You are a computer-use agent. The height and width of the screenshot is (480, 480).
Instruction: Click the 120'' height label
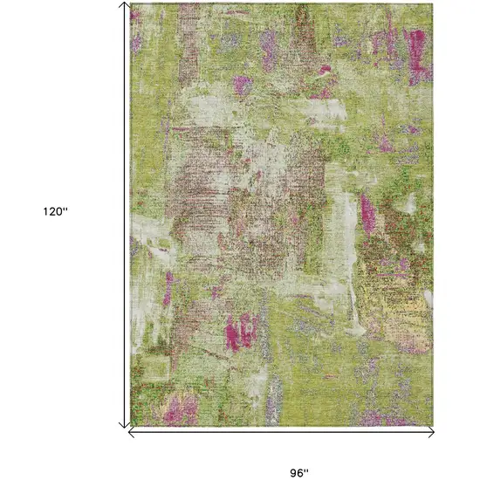pyautogui.click(x=54, y=211)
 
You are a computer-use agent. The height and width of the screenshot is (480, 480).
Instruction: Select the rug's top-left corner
pyautogui.click(x=131, y=3)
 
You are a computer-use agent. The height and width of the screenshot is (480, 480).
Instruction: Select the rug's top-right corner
pyautogui.click(x=434, y=3)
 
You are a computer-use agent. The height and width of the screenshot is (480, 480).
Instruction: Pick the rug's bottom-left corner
pyautogui.click(x=131, y=427)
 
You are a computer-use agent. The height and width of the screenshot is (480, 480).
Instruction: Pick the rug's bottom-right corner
pyautogui.click(x=434, y=427)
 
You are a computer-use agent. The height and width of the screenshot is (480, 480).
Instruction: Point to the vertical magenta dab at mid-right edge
pyautogui.click(x=368, y=211)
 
